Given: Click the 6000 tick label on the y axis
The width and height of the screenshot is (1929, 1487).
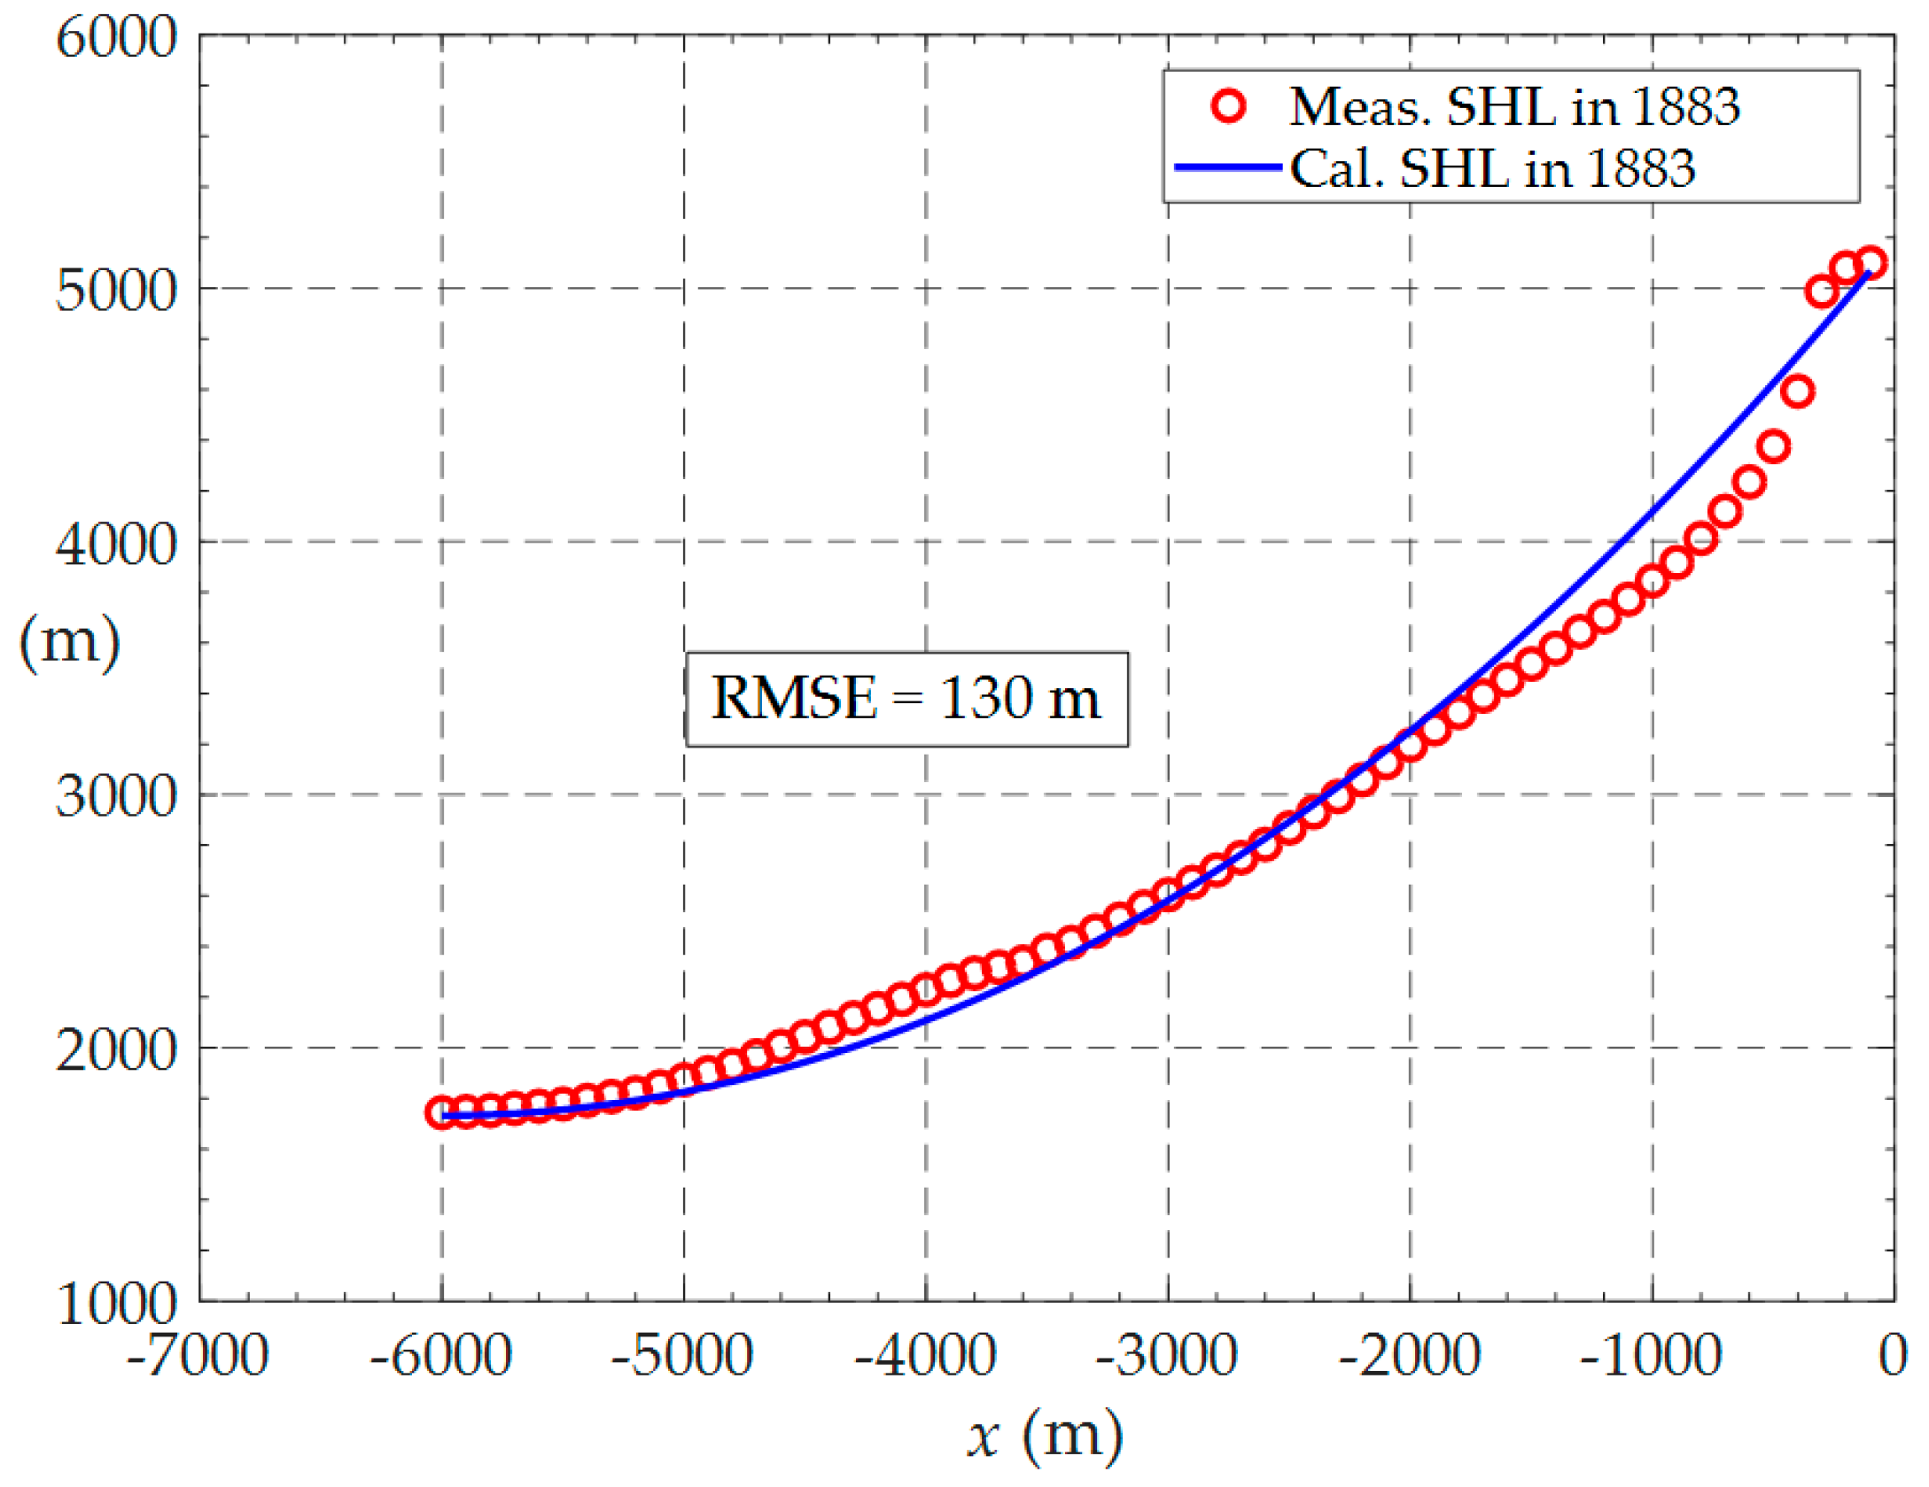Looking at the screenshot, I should [x=116, y=39].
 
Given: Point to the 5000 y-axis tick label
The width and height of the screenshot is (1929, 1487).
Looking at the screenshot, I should [x=116, y=290].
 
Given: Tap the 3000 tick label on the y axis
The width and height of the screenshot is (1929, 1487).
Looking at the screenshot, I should [x=116, y=797].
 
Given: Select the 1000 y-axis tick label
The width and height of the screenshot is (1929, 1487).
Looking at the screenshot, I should [x=116, y=1304].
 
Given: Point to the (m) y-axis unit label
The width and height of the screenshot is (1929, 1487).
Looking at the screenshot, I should [x=69, y=641].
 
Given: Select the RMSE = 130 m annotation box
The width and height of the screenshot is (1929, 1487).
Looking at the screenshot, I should [x=906, y=700].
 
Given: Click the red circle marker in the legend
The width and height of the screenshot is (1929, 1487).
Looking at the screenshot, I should [x=1228, y=106].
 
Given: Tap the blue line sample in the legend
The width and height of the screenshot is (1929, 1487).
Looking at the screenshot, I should [x=1228, y=167].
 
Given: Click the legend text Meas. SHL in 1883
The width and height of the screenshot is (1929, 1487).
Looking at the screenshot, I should [x=1513, y=106].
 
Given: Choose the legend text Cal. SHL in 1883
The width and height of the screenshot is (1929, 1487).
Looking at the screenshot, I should [x=1491, y=167].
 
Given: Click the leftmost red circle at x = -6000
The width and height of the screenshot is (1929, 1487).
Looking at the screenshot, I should [x=440, y=1112].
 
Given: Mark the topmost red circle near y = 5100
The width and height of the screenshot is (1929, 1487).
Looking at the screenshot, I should [x=1871, y=262].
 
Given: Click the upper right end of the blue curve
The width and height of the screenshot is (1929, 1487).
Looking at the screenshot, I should [x=1867, y=275].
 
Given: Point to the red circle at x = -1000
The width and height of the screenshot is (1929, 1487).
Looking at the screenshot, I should [x=1653, y=582].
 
